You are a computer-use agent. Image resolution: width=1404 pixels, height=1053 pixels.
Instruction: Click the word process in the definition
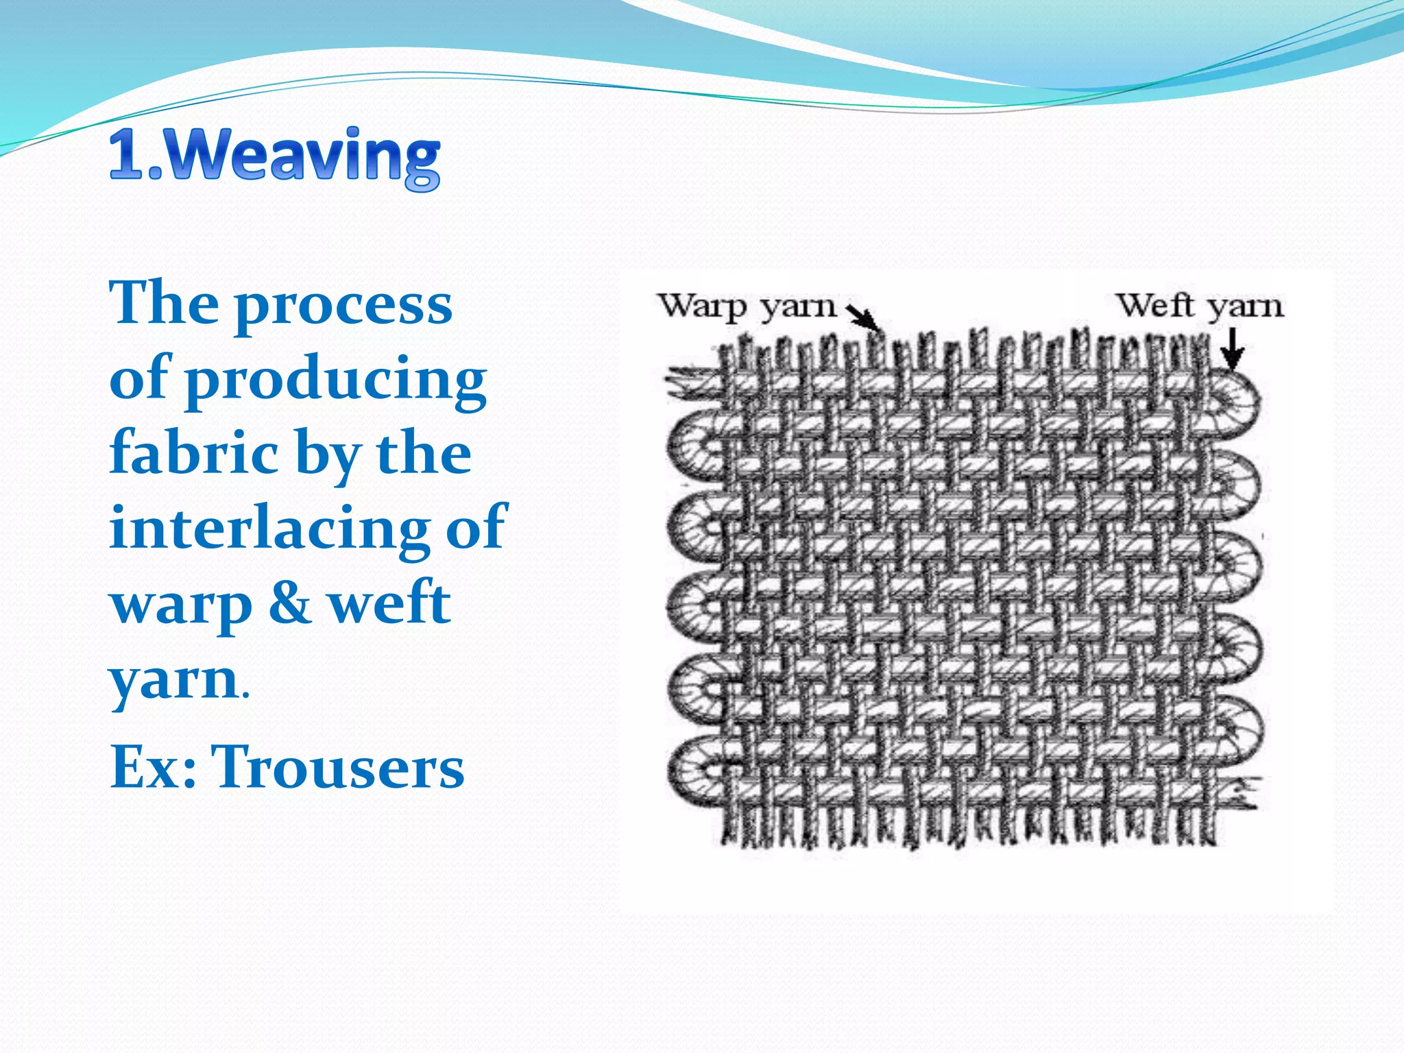tap(343, 305)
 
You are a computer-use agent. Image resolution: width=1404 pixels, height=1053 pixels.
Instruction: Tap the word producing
tap(336, 380)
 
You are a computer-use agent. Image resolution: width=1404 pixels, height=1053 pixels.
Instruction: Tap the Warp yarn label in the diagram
tap(747, 307)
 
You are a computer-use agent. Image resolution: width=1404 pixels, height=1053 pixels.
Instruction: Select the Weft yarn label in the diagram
tap(1199, 306)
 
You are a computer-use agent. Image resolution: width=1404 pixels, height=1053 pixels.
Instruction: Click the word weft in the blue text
tap(389, 603)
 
